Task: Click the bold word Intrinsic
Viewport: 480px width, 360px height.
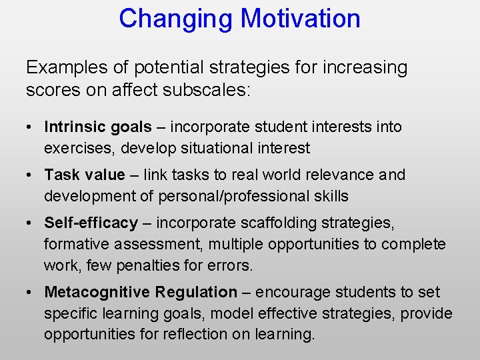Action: (70, 127)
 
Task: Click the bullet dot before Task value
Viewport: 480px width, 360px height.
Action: (31, 175)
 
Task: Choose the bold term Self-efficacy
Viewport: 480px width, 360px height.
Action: (91, 223)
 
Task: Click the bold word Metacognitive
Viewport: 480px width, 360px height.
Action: (97, 292)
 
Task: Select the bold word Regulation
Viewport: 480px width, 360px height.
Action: (196, 292)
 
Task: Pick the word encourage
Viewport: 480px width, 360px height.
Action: (289, 292)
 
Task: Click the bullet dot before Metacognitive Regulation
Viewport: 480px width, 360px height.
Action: (31, 293)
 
